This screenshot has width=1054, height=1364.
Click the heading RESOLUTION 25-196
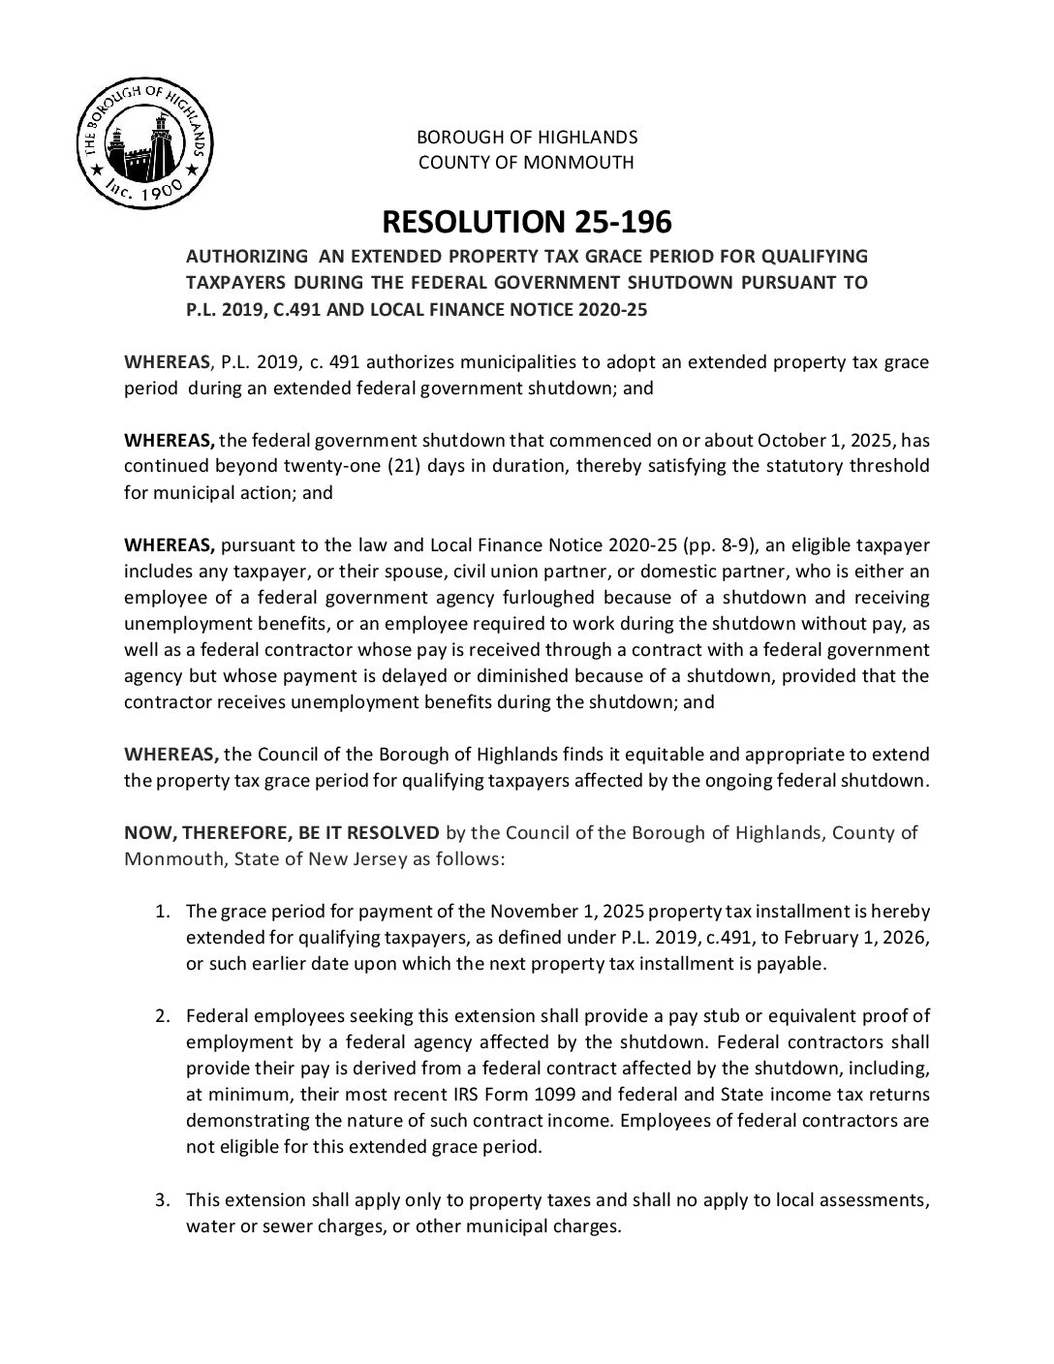coord(527,223)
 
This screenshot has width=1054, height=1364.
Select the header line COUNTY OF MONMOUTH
coord(526,162)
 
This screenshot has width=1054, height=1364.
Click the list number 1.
coord(164,912)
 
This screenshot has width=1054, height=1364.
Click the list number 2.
coord(164,1016)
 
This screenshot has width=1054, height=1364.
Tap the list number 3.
coord(164,1200)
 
